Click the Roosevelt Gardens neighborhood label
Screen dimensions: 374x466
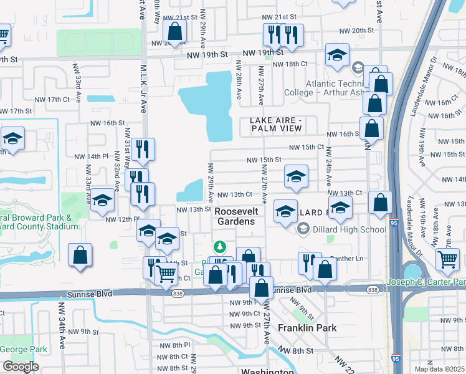point(235,216)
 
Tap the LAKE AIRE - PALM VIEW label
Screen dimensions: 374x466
point(276,124)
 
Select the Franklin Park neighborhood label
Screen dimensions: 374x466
point(307,328)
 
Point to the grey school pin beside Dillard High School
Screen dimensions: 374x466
point(303,229)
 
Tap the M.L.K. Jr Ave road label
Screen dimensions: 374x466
point(143,87)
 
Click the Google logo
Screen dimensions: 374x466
point(21,367)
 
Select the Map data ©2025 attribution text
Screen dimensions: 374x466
point(439,368)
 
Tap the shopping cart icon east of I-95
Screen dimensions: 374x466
point(447,258)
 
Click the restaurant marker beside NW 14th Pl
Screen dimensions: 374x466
point(143,149)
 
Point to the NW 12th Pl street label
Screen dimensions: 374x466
point(121,219)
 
